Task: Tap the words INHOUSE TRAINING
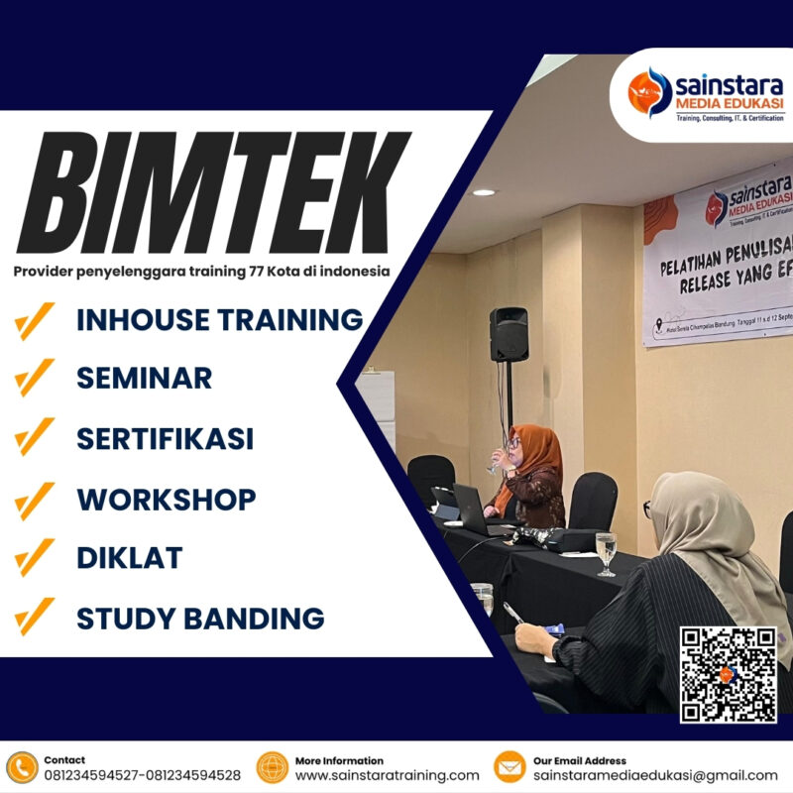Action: point(220,320)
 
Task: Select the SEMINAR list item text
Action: point(145,378)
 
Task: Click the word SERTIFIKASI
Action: point(166,438)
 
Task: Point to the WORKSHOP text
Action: point(167,499)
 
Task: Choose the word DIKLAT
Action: point(130,558)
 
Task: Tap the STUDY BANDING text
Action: point(200,619)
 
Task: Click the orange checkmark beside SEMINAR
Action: point(36,378)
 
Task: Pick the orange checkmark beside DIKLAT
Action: point(36,558)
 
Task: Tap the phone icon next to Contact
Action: point(21,767)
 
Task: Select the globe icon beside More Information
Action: point(272,767)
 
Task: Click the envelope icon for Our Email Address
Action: point(510,767)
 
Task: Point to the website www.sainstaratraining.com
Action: point(387,775)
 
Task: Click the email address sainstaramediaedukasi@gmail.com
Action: point(658,775)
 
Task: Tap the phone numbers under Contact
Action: point(142,775)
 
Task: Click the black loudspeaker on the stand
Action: point(509,334)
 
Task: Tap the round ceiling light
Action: point(484,192)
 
